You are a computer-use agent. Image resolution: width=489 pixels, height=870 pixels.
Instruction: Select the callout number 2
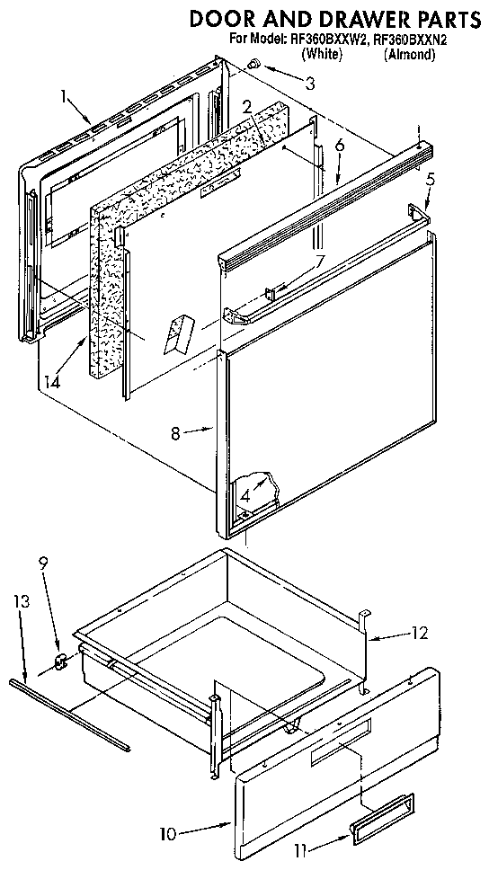click(x=246, y=107)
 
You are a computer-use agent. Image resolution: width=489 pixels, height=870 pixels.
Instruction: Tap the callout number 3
click(x=309, y=84)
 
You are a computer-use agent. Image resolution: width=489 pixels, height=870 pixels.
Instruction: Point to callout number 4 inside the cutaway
click(x=244, y=493)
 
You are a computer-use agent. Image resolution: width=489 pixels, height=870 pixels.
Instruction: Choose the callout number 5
click(x=431, y=179)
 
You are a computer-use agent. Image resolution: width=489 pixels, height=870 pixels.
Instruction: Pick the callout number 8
click(x=176, y=431)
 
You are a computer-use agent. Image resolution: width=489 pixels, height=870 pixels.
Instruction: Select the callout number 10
click(x=167, y=834)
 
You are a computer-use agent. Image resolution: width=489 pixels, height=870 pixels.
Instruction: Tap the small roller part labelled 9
click(x=62, y=663)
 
